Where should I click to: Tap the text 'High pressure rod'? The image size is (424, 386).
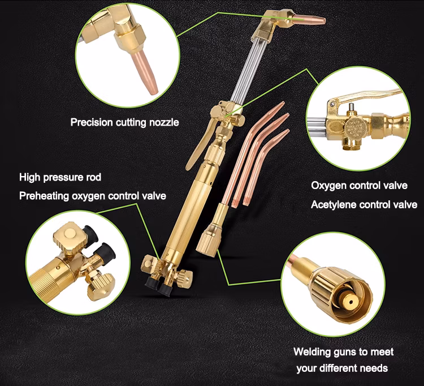[x=60, y=177]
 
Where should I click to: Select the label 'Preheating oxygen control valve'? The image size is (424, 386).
[x=93, y=196]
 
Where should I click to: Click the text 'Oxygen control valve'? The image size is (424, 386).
[x=359, y=185]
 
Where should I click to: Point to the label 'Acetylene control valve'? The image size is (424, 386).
[x=364, y=204]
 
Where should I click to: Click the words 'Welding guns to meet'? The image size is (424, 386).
[x=343, y=351]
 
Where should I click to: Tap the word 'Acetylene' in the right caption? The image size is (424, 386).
[x=334, y=204]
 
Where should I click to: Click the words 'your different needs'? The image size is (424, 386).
[x=342, y=368]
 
